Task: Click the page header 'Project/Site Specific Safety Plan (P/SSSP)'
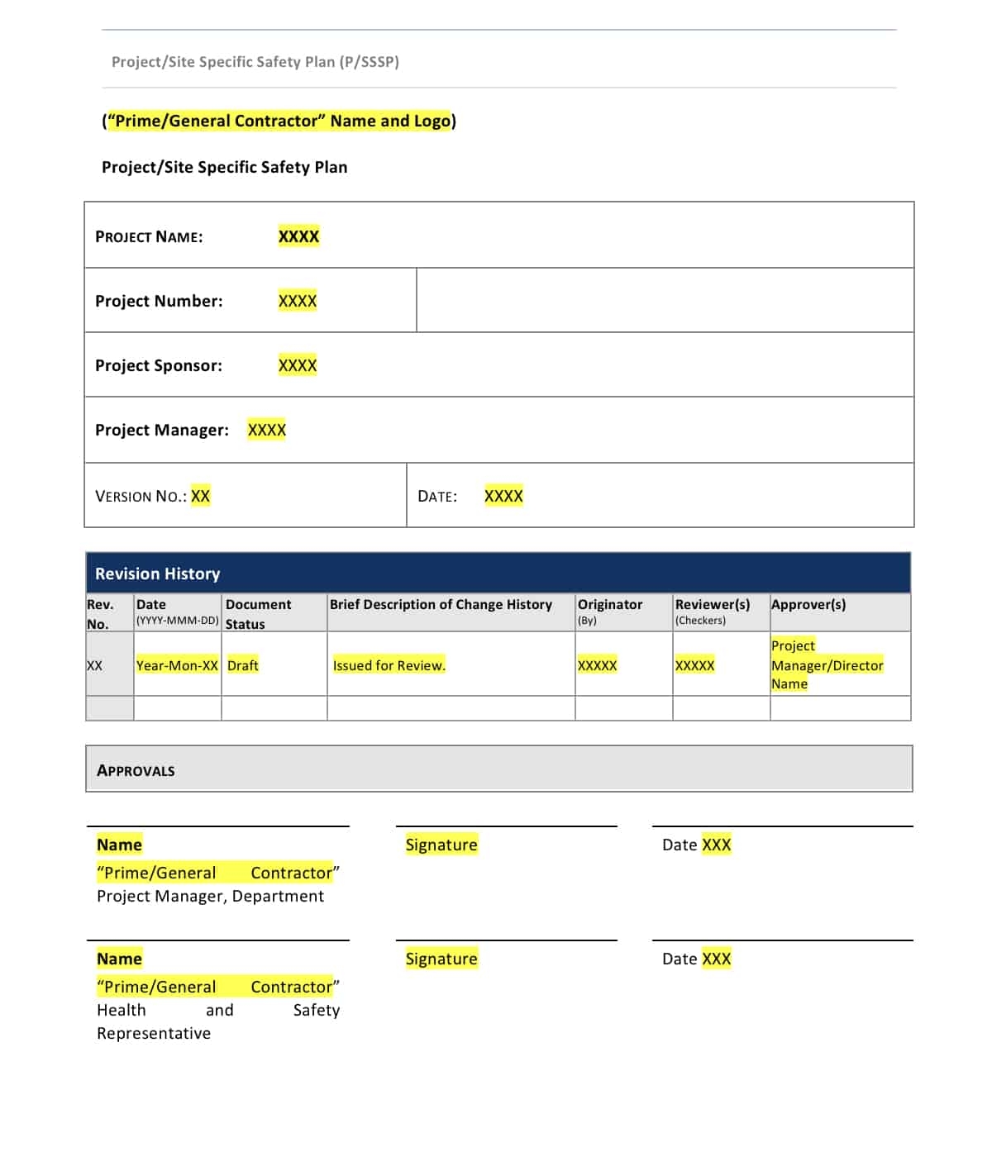(x=255, y=62)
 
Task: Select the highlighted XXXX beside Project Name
(x=298, y=236)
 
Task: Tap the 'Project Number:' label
(x=159, y=301)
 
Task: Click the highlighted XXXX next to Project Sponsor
(x=298, y=365)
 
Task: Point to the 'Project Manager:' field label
(x=162, y=430)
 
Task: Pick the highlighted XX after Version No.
(x=200, y=496)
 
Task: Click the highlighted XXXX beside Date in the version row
(x=503, y=496)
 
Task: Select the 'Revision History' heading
(x=157, y=574)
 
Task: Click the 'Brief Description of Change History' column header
(x=441, y=604)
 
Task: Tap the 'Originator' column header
(x=610, y=604)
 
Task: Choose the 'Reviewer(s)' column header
(x=713, y=604)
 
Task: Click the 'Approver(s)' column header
(x=808, y=604)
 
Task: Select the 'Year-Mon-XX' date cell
(x=177, y=665)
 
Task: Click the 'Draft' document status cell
(x=243, y=665)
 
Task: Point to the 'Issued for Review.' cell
(x=389, y=665)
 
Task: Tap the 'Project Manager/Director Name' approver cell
(x=827, y=664)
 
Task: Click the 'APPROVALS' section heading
(x=136, y=770)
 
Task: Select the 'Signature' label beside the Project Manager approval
(x=441, y=845)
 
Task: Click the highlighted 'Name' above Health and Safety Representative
(x=119, y=959)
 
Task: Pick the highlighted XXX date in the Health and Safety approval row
(x=716, y=959)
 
